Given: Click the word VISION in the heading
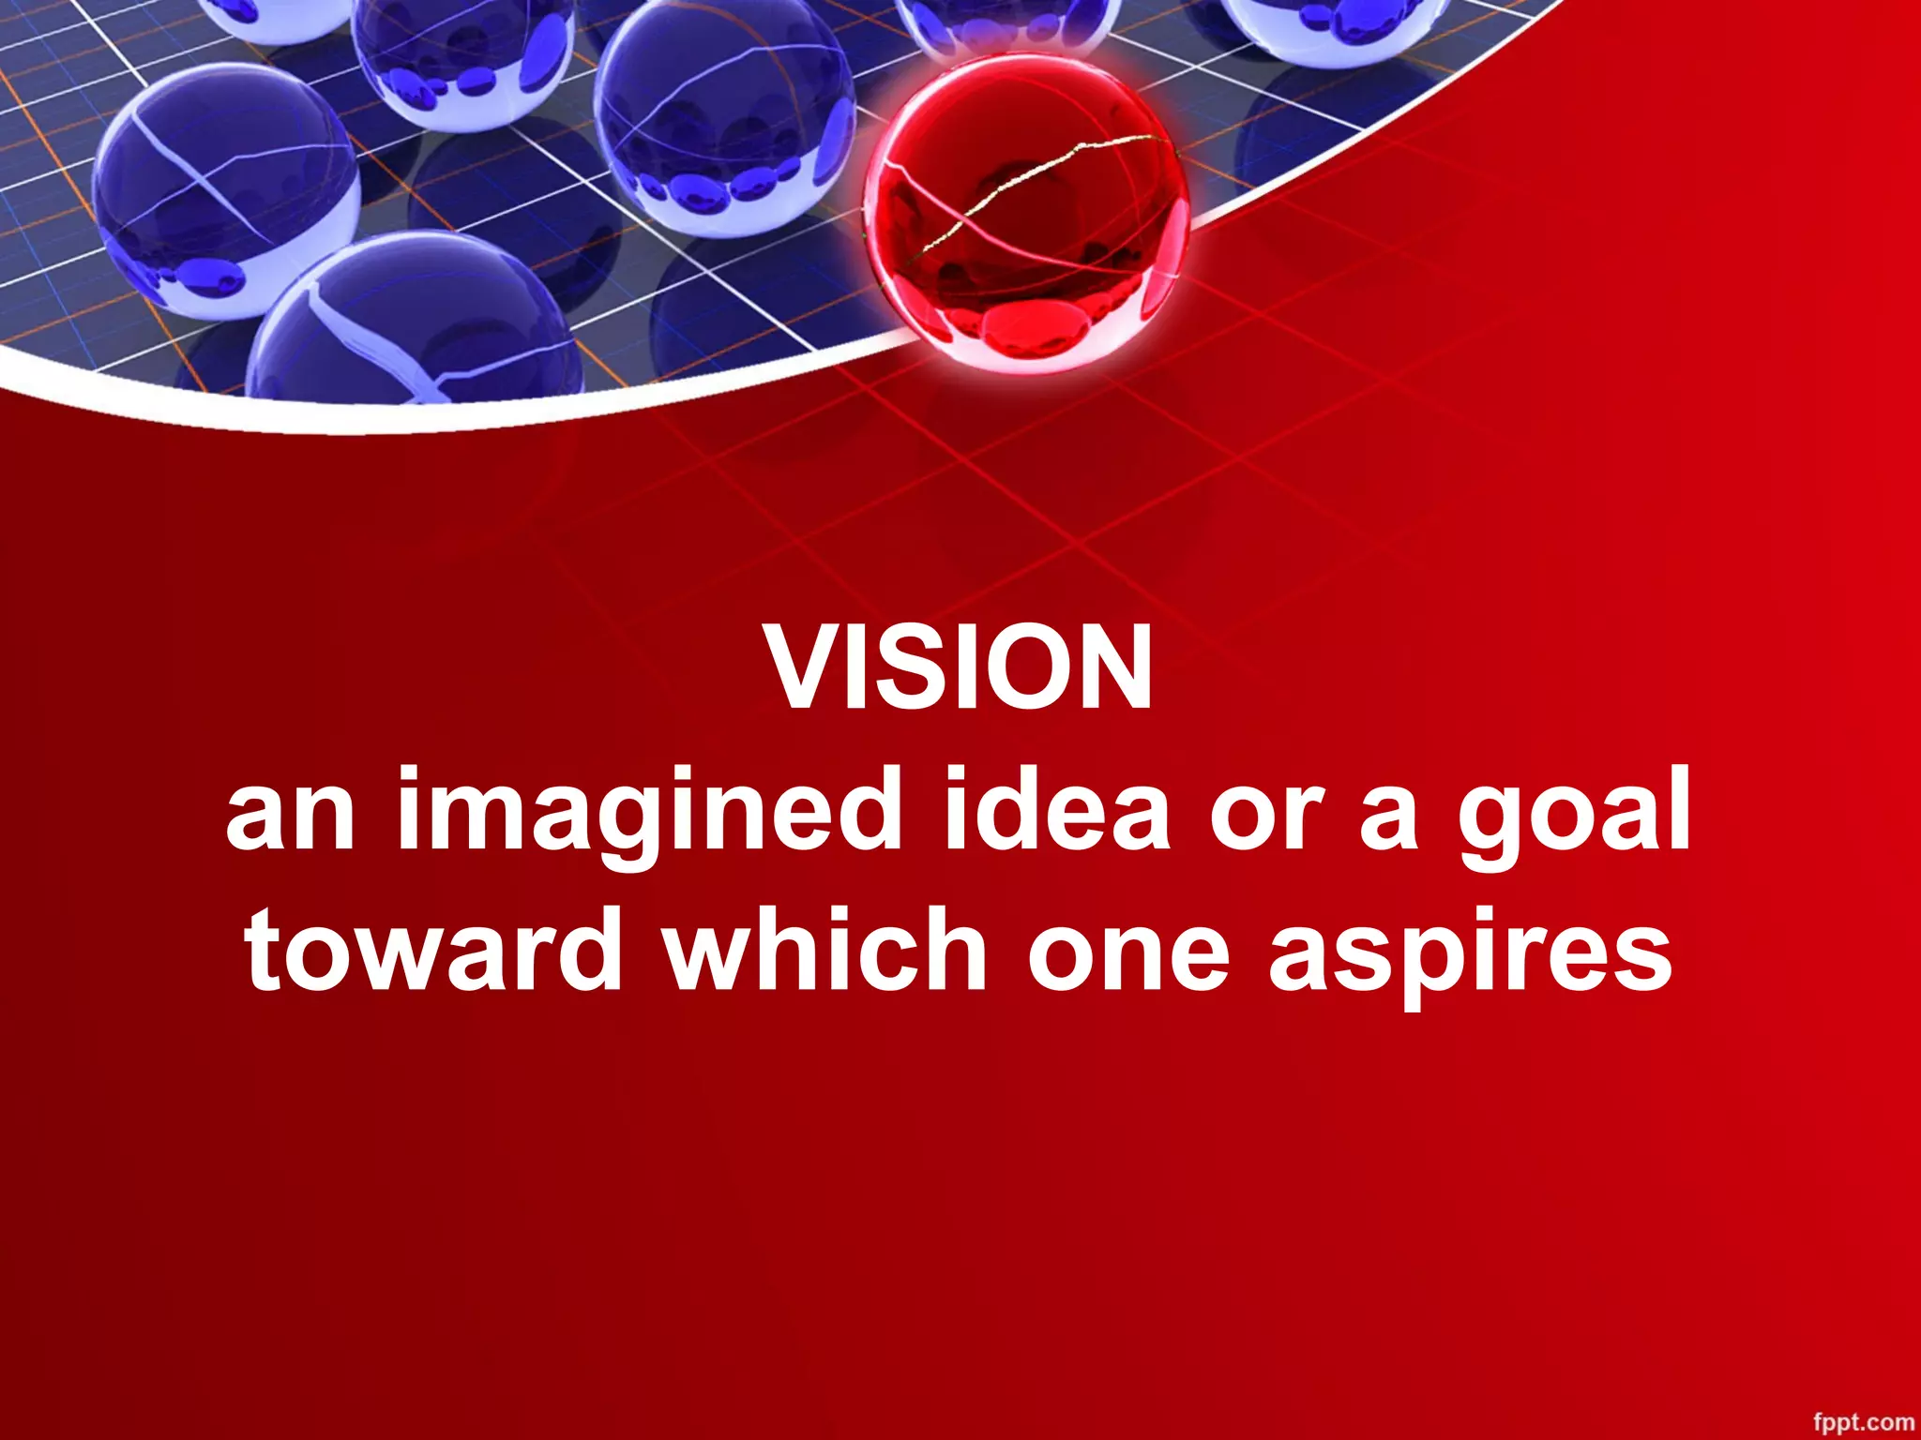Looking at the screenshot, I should (960, 667).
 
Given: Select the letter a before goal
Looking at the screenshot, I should (1389, 816).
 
